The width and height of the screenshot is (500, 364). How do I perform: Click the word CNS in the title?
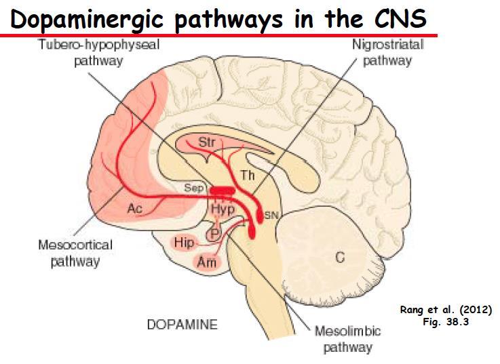(x=400, y=18)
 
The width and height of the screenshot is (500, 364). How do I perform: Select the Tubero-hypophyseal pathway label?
(x=99, y=52)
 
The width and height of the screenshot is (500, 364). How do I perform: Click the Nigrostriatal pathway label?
(x=388, y=52)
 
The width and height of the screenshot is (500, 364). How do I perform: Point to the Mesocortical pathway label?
(x=75, y=253)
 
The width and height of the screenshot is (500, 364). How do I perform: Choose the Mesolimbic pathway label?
(x=348, y=339)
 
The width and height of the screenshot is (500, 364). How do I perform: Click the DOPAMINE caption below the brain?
(x=182, y=325)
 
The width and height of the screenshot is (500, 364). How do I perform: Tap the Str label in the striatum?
(x=207, y=142)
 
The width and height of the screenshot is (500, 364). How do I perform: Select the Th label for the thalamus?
(x=248, y=175)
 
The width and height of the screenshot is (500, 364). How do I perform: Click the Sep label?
(x=194, y=188)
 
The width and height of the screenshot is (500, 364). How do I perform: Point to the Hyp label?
(x=223, y=209)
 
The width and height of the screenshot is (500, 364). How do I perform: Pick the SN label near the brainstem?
(x=271, y=216)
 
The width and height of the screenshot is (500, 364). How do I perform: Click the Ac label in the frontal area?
(x=134, y=209)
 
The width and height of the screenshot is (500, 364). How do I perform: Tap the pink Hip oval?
(x=184, y=243)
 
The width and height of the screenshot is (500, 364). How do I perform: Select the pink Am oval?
(x=207, y=263)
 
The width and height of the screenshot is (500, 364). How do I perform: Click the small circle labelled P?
(x=214, y=235)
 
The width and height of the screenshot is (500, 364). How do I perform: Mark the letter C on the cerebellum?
(x=340, y=257)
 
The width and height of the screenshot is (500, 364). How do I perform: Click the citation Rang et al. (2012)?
(x=446, y=310)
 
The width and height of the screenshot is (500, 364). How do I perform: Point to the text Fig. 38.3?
(x=446, y=321)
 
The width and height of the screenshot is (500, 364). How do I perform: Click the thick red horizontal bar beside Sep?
(x=223, y=190)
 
